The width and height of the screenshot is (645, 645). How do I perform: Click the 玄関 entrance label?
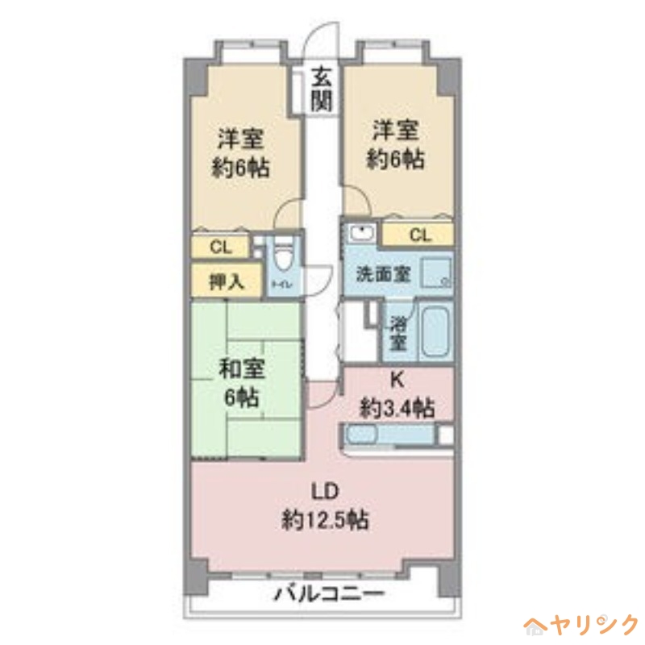(x=322, y=89)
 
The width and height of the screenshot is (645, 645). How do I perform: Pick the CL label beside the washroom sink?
(x=418, y=235)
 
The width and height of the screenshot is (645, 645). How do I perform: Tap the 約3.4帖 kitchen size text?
(x=397, y=408)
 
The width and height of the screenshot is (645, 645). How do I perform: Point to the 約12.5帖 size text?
(x=325, y=520)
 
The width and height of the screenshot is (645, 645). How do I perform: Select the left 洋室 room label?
(x=242, y=134)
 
